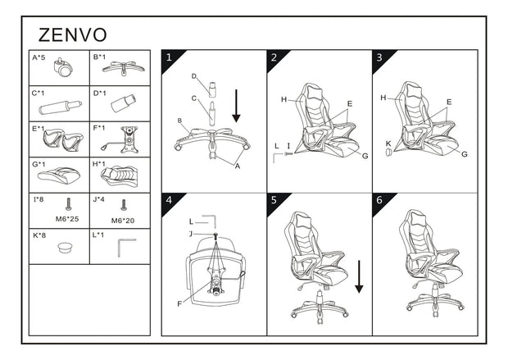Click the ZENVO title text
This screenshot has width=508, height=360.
pyautogui.click(x=73, y=35)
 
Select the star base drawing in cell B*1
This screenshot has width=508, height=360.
pyautogui.click(x=124, y=68)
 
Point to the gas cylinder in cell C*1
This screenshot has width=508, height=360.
pyautogui.click(x=61, y=107)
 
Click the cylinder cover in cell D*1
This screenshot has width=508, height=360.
pyautogui.click(x=124, y=103)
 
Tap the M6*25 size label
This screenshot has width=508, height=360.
pyautogui.click(x=67, y=219)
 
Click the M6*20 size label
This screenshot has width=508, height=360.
pyautogui.click(x=122, y=221)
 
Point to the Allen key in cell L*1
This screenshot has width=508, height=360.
pyautogui.click(x=127, y=248)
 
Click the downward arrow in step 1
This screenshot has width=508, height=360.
pyautogui.click(x=236, y=106)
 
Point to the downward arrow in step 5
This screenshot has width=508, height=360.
pyautogui.click(x=359, y=276)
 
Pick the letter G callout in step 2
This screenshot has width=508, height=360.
pyautogui.click(x=365, y=156)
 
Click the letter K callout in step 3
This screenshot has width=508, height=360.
pyautogui.click(x=388, y=144)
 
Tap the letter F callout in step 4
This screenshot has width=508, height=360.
pyautogui.click(x=179, y=304)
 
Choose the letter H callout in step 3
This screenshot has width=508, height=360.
pyautogui.click(x=383, y=98)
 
